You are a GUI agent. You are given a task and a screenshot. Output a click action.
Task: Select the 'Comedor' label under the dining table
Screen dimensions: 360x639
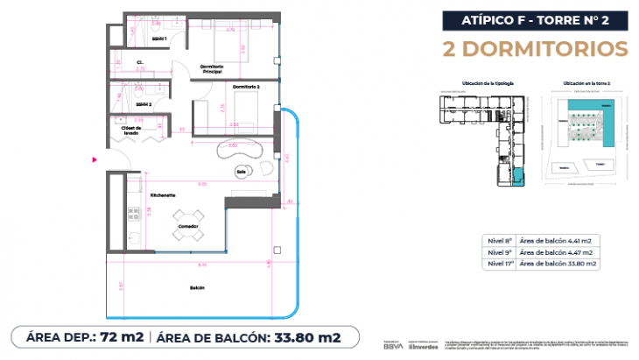pos(188,227)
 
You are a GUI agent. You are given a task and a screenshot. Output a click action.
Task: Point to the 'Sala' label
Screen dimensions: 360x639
pos(241,172)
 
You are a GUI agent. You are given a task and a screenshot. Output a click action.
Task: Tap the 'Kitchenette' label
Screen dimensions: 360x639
pos(164,194)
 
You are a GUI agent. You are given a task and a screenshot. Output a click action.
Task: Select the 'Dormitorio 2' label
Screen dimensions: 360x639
pos(247,86)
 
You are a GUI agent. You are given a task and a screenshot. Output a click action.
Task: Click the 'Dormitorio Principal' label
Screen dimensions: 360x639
pos(213,69)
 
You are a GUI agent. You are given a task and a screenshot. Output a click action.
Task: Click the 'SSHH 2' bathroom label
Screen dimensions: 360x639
pos(144,104)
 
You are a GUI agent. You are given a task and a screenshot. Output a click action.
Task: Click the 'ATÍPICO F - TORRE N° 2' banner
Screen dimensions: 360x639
pos(535,18)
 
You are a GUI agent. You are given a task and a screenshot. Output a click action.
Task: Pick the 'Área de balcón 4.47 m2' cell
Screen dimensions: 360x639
pos(557,251)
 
